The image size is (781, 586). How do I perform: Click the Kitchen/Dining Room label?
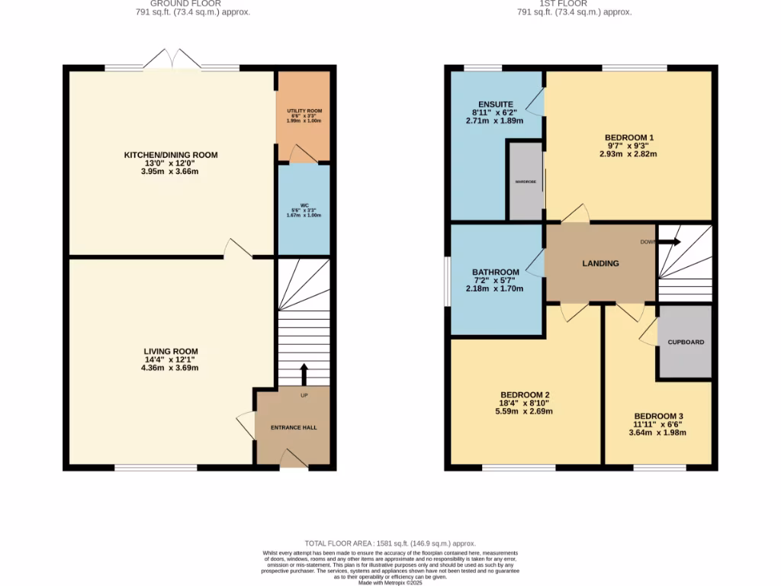point(171,155)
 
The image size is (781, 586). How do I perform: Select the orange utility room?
point(304,114)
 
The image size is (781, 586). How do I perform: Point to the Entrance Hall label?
point(294,427)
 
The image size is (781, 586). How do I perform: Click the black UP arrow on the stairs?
point(304,374)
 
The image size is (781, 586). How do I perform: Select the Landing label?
point(600,263)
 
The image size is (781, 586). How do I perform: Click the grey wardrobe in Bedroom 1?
point(525,182)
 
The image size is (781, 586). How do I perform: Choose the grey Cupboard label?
point(686,342)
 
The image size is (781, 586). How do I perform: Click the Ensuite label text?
point(496,104)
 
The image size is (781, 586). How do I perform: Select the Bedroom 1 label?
point(629,137)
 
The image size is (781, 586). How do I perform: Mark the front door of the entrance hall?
point(293,459)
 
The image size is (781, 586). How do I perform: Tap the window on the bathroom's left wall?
point(448,281)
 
